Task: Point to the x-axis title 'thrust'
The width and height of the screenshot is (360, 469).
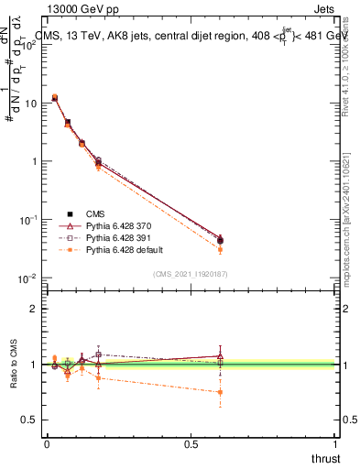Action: [x=325, y=458]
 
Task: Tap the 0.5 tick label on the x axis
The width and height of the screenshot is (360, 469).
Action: [x=191, y=444]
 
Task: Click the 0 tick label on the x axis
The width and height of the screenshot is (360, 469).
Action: [x=47, y=444]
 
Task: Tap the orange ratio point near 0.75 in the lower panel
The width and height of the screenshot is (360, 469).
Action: [x=220, y=392]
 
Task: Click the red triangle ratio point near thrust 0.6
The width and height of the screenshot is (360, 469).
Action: [x=220, y=355]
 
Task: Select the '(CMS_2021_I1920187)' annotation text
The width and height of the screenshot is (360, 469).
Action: [x=190, y=274]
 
